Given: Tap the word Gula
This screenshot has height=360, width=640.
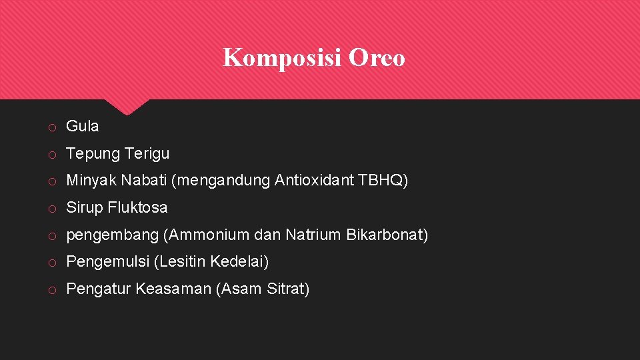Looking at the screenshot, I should pos(83,126).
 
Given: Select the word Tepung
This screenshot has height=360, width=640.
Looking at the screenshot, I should pos(91,154).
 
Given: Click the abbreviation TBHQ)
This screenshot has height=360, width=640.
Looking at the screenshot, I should pos(383,180).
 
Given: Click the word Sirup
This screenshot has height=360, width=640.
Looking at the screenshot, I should pos(84,207).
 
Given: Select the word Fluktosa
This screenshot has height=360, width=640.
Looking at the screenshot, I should pos(138,207).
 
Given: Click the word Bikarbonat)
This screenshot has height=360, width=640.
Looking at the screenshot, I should pos(387,235).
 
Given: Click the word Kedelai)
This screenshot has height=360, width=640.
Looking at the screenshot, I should pos(239,262).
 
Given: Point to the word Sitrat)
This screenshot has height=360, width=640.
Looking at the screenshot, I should pos(288,289).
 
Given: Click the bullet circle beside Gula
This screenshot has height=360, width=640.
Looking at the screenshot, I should pos(51,127).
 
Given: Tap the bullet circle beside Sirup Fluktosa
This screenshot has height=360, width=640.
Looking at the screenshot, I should pos(51,209).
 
